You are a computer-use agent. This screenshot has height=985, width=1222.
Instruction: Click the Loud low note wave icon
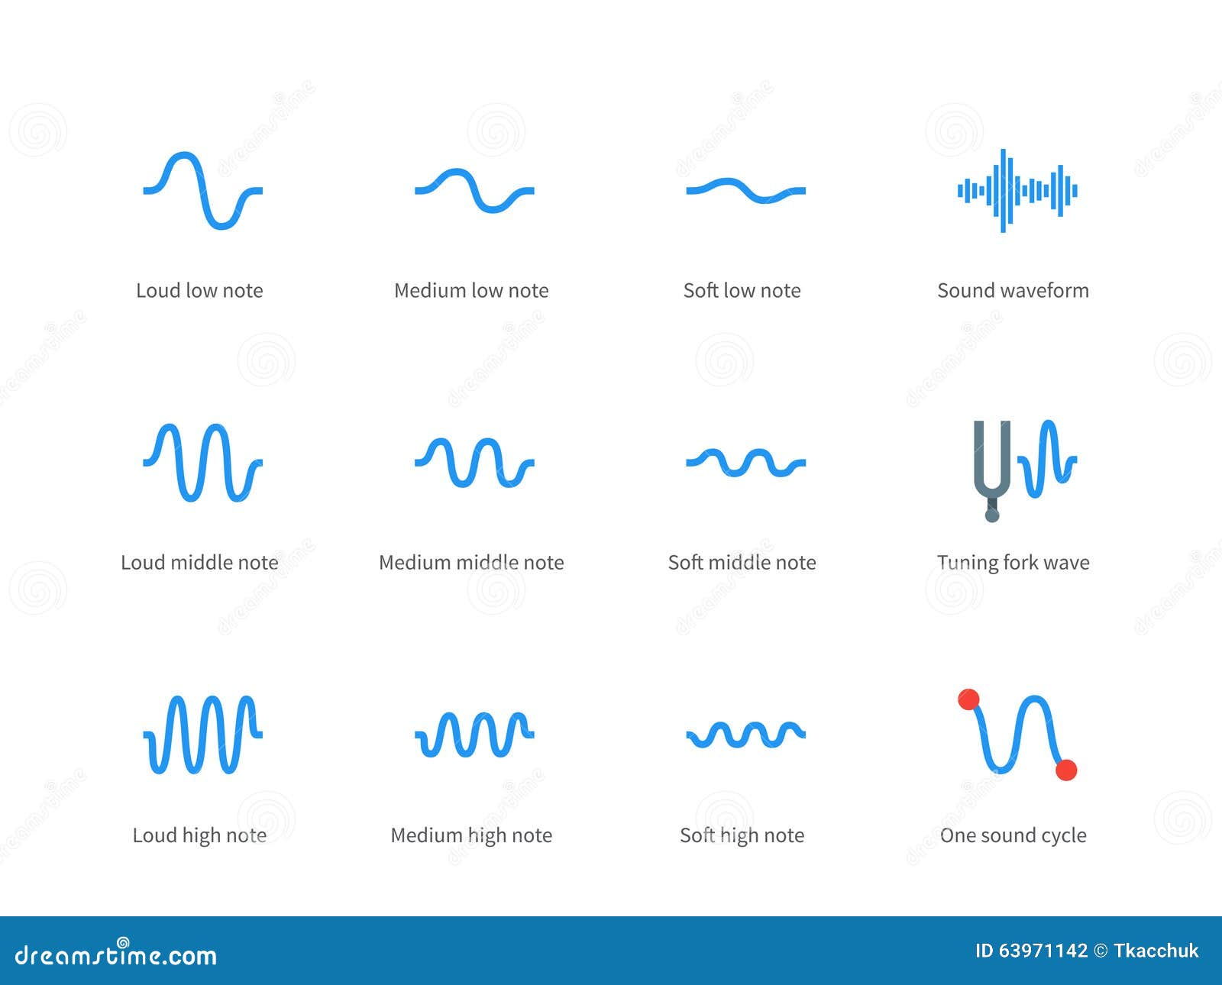coord(202,190)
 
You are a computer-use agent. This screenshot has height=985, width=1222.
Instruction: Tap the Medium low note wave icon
coord(474,190)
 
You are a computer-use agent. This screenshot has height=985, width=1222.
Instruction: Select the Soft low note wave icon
coord(745,190)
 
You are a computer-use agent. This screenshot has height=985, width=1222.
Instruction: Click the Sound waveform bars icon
coord(1017,190)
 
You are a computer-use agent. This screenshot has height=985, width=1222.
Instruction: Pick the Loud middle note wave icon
coord(202,462)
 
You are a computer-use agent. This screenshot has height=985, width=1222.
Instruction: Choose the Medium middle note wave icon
coord(474,462)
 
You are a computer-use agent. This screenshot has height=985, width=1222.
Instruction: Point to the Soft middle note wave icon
coord(745,462)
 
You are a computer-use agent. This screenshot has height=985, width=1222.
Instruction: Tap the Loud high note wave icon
coord(202,735)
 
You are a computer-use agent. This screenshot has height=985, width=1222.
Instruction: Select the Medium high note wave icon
coord(474,735)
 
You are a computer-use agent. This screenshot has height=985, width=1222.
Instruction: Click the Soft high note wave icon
coord(745,735)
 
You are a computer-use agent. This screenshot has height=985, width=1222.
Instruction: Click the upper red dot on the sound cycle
coord(968,699)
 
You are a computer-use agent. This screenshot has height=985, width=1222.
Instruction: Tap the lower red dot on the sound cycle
coord(1066,770)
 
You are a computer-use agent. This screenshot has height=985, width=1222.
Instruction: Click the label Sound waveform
coord(1013,291)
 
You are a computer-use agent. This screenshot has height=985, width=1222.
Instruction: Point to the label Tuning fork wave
coord(1013,563)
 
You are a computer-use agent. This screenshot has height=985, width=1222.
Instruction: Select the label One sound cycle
coord(1013,835)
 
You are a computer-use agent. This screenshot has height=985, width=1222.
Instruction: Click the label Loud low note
coord(199,291)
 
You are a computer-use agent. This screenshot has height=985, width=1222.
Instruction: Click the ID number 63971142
coord(1043,951)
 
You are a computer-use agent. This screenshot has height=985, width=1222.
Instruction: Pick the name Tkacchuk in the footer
coord(1156,951)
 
